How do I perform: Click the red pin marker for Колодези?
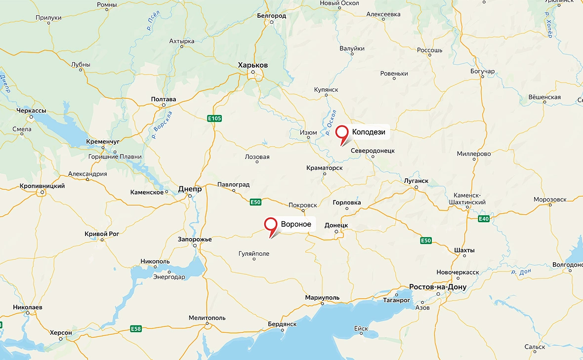pos(342,132)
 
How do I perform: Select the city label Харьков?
pos(252,65)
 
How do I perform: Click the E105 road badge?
pos(214,118)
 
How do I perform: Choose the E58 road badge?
pos(136,328)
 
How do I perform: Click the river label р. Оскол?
pos(331,122)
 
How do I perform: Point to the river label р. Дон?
pos(521,272)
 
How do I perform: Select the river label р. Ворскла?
pos(163,124)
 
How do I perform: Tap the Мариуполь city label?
pos(322,298)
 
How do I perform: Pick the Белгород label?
pos(271,16)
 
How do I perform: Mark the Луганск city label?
pos(416,181)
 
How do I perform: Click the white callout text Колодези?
pos(368,132)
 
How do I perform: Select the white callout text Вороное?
pos(296,224)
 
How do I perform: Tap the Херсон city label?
pos(61,333)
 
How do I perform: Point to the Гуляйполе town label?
pos(254,253)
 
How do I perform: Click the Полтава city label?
pos(164,99)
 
